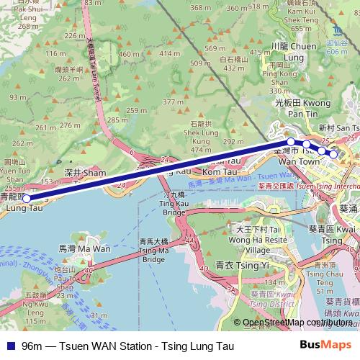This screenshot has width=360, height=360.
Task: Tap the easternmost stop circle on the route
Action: pos(333,153)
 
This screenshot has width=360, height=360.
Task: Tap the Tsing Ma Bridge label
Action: pos(154,246)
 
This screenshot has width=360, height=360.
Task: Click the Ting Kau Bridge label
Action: pos(174,203)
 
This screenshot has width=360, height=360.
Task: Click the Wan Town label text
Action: pos(298,162)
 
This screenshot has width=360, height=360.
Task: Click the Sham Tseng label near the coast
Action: pos(84,173)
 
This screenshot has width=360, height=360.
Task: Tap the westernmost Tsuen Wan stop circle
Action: pos(290,142)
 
